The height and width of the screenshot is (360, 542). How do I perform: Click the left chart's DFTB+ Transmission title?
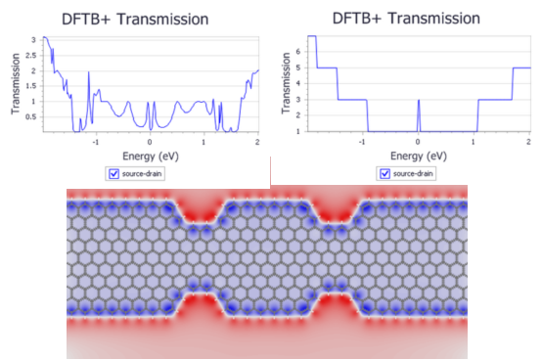(135, 20)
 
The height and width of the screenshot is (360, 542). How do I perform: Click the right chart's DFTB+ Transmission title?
(406, 19)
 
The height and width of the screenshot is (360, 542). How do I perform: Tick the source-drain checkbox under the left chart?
(113, 173)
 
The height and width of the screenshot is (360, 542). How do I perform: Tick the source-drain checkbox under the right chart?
(384, 173)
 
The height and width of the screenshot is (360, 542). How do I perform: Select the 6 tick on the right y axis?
(298, 52)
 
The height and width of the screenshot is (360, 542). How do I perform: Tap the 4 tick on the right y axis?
(298, 83)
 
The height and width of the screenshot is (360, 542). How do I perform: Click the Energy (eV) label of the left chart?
(151, 157)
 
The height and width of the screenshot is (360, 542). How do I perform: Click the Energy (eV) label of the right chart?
(419, 157)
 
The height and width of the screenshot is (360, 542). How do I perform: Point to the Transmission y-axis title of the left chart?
(15, 83)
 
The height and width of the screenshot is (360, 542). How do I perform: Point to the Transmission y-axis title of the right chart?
(285, 83)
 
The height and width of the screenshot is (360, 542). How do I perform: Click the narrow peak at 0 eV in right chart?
(419, 100)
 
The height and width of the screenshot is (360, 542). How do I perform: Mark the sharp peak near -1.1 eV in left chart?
(88, 72)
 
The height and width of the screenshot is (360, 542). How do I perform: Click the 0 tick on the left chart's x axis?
(150, 142)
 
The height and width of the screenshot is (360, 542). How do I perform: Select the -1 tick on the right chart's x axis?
(362, 142)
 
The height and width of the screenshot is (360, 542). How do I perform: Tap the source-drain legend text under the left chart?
(142, 173)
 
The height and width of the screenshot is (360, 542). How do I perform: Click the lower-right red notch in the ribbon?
(334, 306)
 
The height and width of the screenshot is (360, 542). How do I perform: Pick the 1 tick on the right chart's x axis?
(474, 142)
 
